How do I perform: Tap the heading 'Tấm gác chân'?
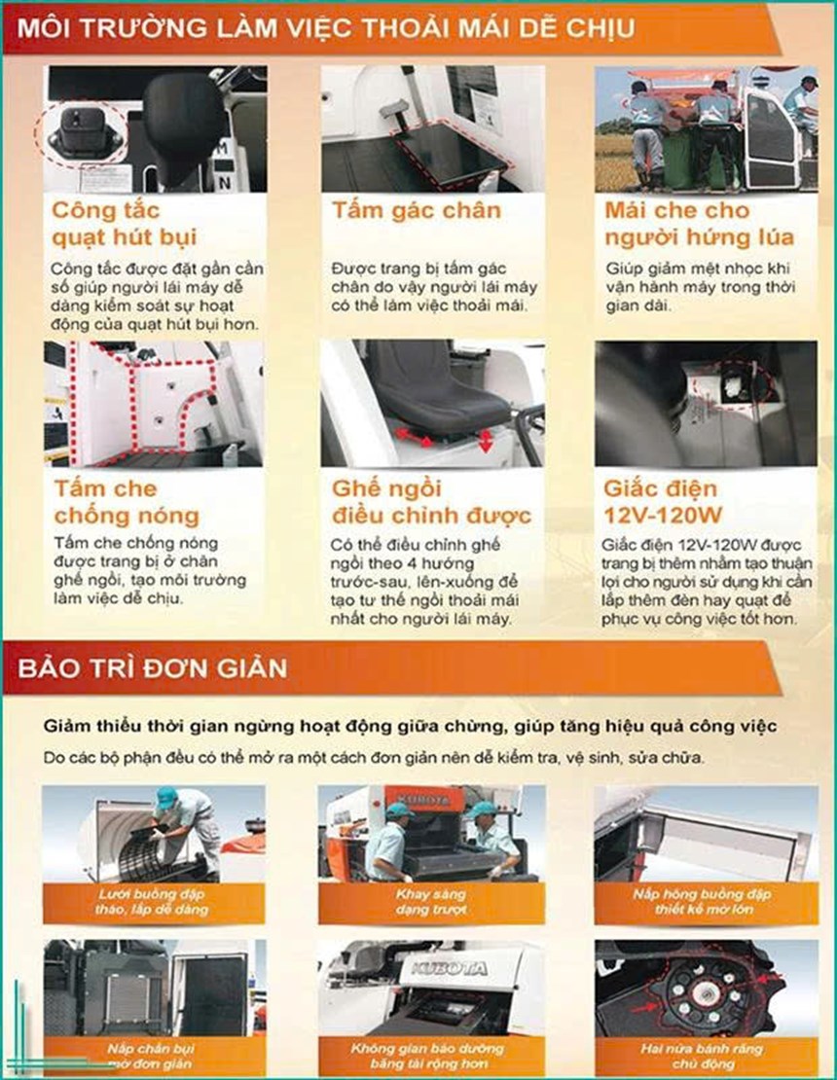click(x=416, y=211)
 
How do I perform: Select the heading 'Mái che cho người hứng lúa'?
click(x=698, y=224)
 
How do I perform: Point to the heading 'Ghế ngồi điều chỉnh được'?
click(x=430, y=501)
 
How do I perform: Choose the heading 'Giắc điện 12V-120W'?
click(x=663, y=501)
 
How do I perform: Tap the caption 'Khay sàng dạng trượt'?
click(x=431, y=901)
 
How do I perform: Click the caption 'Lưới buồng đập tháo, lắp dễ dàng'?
click(x=153, y=901)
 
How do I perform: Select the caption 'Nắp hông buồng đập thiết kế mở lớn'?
click(x=706, y=901)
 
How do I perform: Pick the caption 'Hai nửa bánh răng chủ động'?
click(x=706, y=1056)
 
